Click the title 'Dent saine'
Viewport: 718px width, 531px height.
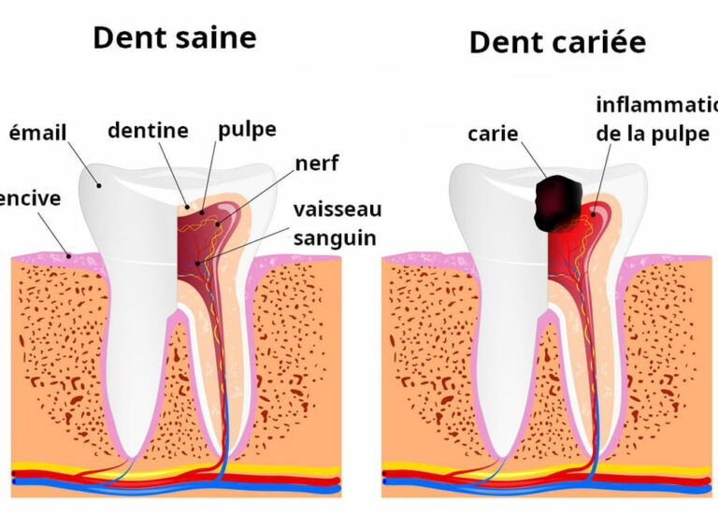click(174, 37)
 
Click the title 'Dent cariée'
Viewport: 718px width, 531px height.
click(557, 42)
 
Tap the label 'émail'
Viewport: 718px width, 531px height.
click(37, 133)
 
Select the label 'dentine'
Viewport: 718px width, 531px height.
click(148, 131)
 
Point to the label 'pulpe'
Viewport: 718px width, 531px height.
click(247, 129)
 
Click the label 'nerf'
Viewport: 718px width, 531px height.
click(316, 165)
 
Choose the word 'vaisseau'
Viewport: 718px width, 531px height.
click(337, 208)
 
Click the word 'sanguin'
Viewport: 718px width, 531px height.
click(335, 237)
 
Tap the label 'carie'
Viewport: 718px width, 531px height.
click(493, 134)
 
